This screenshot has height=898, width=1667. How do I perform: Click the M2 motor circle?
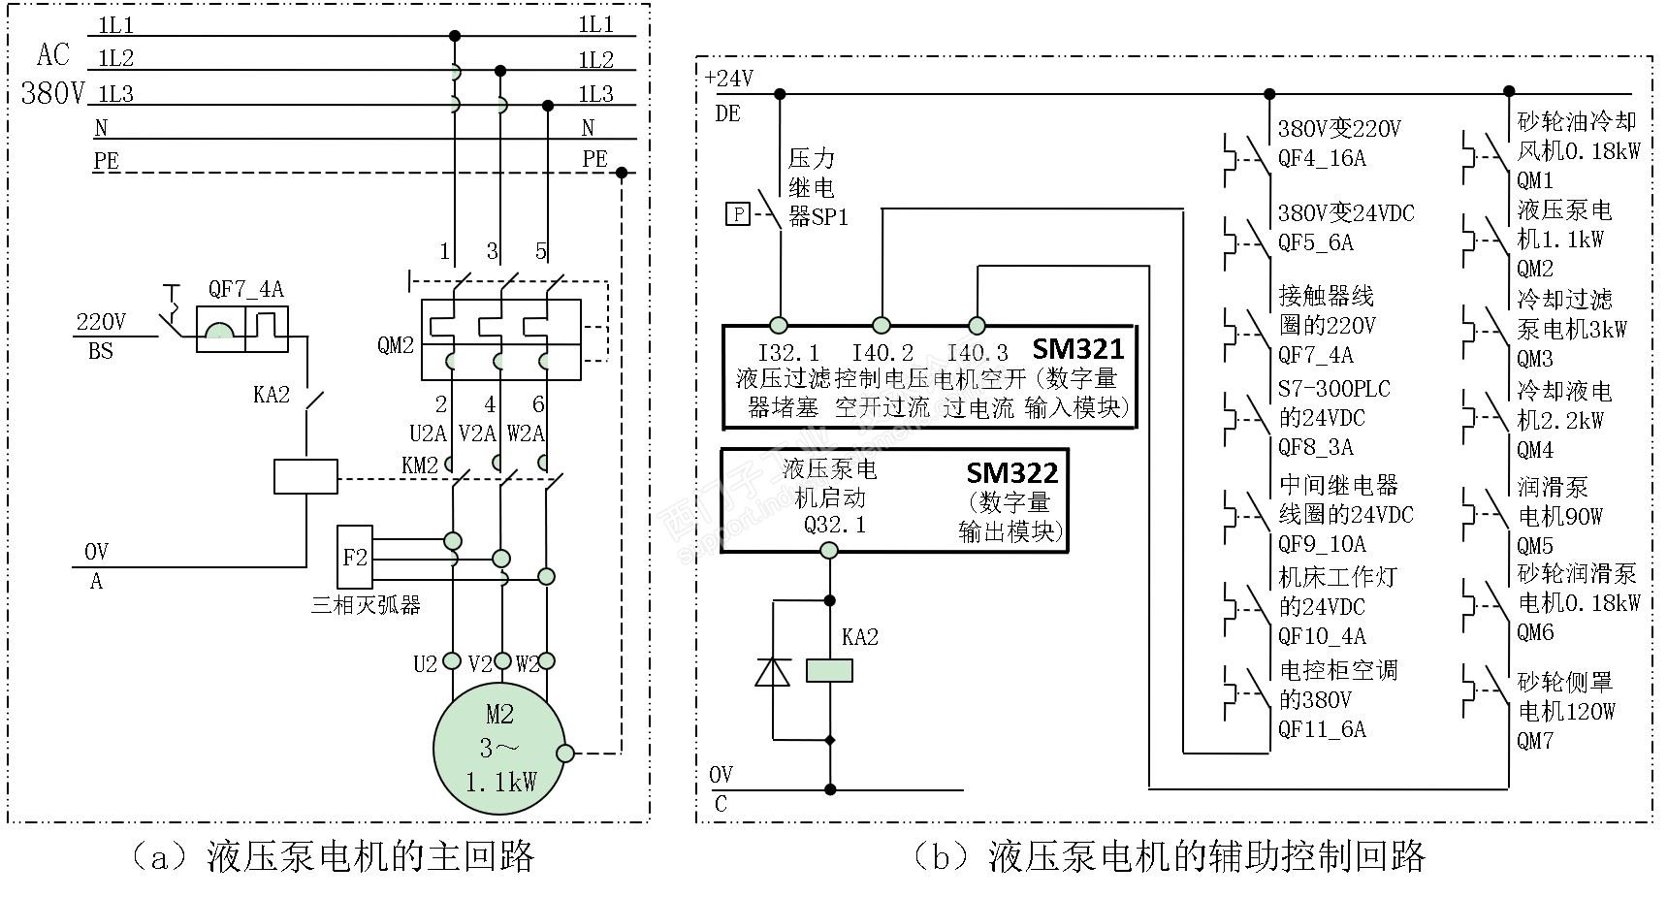click(x=498, y=749)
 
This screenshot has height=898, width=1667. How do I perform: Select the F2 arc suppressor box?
click(x=355, y=558)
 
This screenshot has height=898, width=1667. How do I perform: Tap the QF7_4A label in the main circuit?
click(x=246, y=289)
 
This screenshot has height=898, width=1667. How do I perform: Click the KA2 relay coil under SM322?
click(x=830, y=670)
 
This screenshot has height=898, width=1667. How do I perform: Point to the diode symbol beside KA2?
click(x=773, y=671)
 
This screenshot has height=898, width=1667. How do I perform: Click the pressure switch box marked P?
click(x=739, y=213)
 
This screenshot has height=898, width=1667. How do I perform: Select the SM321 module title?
click(x=1076, y=349)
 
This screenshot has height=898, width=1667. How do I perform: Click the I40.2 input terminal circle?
click(x=882, y=325)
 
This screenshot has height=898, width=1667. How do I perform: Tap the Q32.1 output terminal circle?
click(x=829, y=551)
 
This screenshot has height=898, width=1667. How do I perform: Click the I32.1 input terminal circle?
click(x=779, y=325)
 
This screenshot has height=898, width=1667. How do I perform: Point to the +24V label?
click(x=729, y=79)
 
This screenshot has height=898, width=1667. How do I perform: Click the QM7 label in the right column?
click(x=1535, y=742)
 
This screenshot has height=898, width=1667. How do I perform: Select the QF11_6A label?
click(x=1321, y=729)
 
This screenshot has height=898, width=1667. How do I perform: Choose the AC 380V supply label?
click(x=53, y=75)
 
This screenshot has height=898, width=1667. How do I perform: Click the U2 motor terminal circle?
click(x=451, y=661)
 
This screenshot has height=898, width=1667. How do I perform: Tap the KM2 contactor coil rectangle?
click(x=305, y=477)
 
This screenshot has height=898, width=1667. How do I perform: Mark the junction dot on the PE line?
click(x=622, y=173)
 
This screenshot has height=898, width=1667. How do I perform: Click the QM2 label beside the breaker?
click(x=396, y=345)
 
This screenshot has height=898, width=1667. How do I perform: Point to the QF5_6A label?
click(x=1315, y=242)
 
